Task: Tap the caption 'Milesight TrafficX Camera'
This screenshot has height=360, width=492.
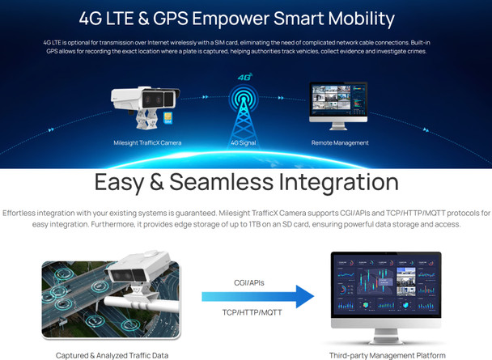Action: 147,143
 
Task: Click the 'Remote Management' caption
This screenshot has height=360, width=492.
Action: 340,143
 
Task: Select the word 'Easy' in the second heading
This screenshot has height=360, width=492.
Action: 130,180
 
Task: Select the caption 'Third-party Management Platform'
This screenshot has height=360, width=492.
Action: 387,354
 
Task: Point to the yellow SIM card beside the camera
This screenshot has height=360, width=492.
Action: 168,117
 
